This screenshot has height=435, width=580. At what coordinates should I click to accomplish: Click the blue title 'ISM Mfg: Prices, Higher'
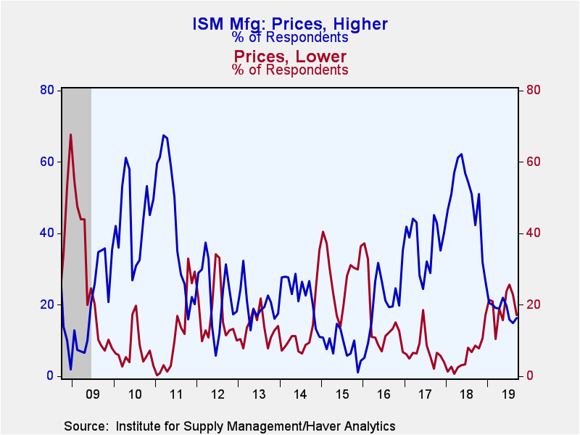pos(290,23)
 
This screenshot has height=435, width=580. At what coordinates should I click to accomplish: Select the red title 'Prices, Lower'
pos(290,57)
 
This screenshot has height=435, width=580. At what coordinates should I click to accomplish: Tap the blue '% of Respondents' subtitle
pos(290,38)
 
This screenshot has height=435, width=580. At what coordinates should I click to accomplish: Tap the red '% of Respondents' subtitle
pos(290,70)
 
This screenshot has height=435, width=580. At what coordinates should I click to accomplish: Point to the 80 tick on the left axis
pos(48,90)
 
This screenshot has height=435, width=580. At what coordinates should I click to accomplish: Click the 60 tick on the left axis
pos(48,162)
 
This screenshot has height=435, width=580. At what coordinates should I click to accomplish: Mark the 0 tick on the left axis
pos(51,376)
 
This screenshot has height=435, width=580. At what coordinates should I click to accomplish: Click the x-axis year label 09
pos(92,395)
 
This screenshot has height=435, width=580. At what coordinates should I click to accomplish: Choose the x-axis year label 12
pos(217,395)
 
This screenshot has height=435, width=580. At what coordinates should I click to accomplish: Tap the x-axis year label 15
pos(342,395)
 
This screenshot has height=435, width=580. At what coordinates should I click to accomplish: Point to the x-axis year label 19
pos(507,395)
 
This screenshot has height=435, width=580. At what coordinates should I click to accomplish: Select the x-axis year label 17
pos(425,395)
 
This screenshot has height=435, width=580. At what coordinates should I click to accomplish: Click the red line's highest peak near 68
pos(70,134)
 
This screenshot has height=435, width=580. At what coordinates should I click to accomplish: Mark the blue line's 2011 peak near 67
pos(163,135)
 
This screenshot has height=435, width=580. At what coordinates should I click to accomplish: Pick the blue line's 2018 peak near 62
pos(461,154)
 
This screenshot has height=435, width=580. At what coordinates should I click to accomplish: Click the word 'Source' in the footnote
pos(84,425)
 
